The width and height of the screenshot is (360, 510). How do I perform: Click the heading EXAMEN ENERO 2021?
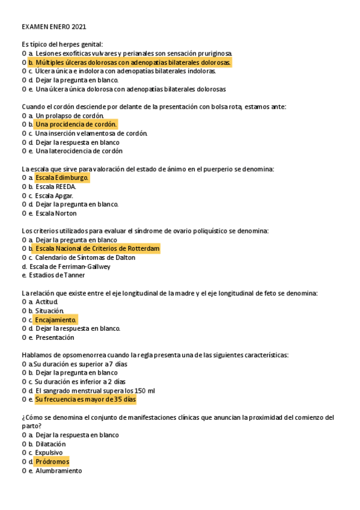(54, 27)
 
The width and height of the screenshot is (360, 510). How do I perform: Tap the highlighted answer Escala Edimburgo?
(62, 178)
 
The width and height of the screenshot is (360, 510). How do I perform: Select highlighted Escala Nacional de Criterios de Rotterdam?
(97, 248)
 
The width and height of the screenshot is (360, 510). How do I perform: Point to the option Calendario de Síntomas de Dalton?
(85, 257)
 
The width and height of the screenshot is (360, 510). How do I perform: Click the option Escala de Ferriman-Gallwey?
(70, 266)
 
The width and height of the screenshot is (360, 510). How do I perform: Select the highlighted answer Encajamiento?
(56, 320)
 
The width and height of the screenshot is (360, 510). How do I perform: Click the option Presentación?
(55, 337)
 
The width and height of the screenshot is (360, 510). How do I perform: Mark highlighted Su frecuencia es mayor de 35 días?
(85, 399)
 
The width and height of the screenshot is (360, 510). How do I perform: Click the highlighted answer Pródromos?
(52, 462)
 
